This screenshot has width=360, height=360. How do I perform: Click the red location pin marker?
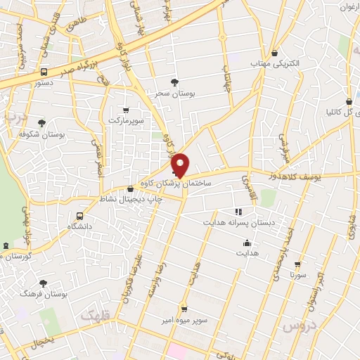pyautogui.click(x=181, y=165)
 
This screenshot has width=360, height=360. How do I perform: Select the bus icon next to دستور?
pyautogui.click(x=44, y=72)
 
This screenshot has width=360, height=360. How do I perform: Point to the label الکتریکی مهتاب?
pyautogui.click(x=275, y=63)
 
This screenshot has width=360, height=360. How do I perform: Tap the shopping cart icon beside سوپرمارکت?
pyautogui.click(x=126, y=110)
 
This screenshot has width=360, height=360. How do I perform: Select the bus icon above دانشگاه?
pyautogui.click(x=79, y=216)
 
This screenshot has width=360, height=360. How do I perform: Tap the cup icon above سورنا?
pyautogui.click(x=298, y=265)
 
